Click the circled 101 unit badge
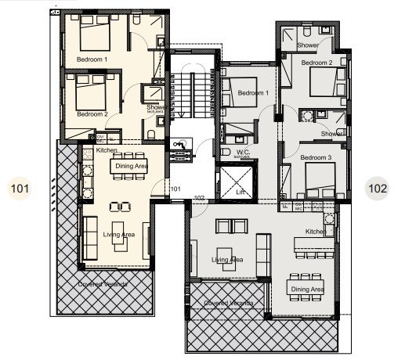tap(19, 188)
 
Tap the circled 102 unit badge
tap(378, 188)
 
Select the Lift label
tap(230, 191)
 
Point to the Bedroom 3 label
tap(318, 157)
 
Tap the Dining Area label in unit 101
tap(132, 166)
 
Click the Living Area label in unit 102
tap(227, 260)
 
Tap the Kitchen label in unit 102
tap(315, 232)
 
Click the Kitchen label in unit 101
tap(107, 149)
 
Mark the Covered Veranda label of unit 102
tap(229, 302)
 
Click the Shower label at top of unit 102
tap(308, 46)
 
